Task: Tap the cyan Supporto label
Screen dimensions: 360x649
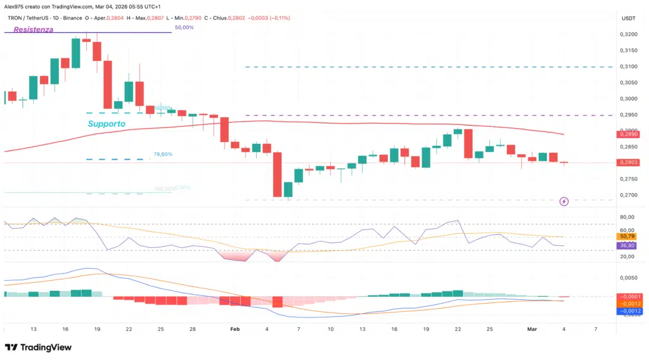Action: [x=106, y=124]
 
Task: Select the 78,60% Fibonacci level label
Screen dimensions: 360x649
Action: [x=163, y=154]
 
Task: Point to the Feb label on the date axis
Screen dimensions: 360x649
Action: [x=235, y=330]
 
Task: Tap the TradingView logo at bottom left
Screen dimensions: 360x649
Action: [x=38, y=347]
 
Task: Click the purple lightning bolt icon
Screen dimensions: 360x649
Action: [x=564, y=202]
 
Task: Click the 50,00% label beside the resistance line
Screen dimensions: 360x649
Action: [x=185, y=28]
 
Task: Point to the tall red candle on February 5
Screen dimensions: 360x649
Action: [x=277, y=174]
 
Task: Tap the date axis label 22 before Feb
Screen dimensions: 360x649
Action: [x=129, y=330]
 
